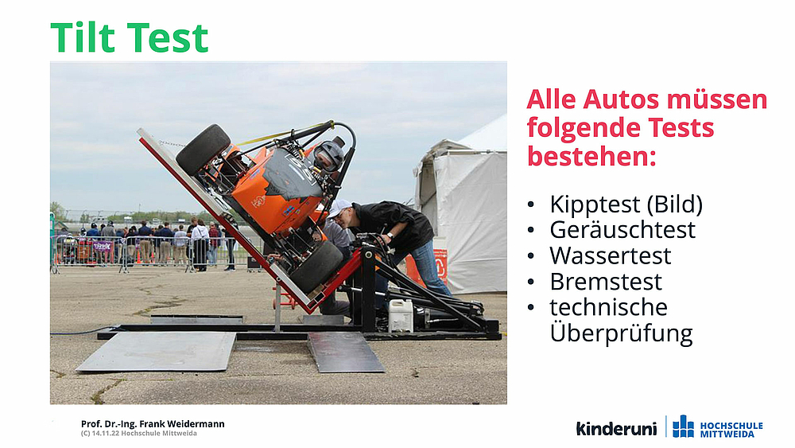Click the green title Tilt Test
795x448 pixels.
point(130,37)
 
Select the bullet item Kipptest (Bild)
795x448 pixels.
point(626,205)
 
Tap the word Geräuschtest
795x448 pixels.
point(622,230)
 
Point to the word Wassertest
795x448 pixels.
point(611,255)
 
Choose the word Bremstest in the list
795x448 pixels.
point(606,282)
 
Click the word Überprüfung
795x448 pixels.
point(621,333)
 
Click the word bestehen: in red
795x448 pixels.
point(591,156)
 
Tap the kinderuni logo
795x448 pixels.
point(617,428)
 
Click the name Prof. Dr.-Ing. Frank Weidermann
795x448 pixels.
point(153,423)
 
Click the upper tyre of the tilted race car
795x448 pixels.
point(204,149)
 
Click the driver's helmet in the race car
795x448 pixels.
point(329,155)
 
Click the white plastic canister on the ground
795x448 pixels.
point(401,315)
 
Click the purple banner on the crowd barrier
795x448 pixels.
point(103,246)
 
